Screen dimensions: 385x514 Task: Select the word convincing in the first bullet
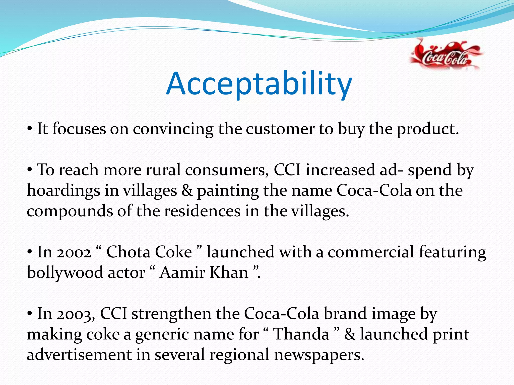173,129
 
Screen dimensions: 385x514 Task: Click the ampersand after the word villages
187,191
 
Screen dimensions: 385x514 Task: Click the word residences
202,211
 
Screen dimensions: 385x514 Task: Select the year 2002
74,252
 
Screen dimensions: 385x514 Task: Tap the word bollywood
65,273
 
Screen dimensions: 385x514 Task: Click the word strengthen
171,314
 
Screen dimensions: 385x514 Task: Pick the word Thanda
301,335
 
